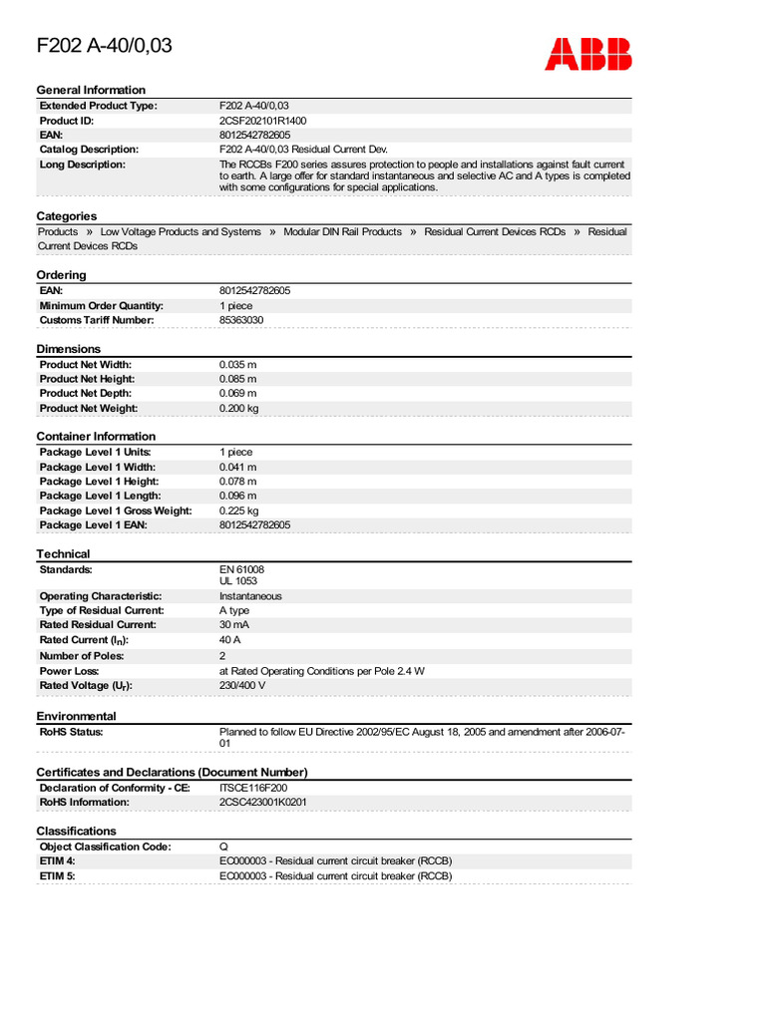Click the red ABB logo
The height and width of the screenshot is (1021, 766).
587,53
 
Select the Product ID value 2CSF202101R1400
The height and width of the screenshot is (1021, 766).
263,120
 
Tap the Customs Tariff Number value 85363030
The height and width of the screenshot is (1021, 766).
241,320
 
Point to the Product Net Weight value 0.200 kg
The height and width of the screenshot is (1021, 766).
239,408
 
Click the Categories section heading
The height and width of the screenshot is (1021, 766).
67,216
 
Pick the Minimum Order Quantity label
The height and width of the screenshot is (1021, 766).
102,305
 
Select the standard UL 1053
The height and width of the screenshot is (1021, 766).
238,580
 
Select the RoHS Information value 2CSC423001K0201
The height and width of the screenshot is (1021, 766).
263,802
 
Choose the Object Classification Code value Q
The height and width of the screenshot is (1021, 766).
223,847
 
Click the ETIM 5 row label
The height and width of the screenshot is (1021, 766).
58,875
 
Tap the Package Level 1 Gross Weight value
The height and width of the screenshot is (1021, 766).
238,510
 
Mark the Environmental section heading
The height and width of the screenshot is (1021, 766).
77,716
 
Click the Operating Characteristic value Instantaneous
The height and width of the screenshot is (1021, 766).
250,595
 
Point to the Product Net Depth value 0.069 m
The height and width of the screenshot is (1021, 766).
237,393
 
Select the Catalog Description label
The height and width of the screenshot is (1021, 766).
89,149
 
